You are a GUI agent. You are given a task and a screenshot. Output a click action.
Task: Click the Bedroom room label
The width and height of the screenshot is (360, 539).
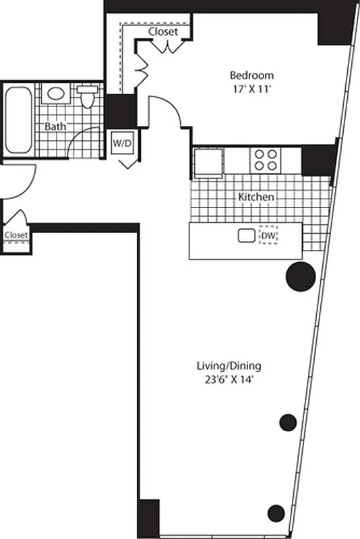tap(251, 75)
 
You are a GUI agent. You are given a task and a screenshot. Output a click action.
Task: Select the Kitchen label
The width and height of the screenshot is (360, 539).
tap(257, 197)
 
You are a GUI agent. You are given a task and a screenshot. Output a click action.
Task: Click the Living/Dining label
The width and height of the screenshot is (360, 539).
tap(229, 366)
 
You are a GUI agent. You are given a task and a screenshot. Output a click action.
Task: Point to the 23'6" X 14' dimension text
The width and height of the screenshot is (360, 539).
tap(229, 379)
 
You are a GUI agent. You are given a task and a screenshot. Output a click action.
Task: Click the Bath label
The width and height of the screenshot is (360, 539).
tap(55, 126)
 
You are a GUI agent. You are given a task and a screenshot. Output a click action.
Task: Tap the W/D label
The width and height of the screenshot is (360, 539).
tap(123, 143)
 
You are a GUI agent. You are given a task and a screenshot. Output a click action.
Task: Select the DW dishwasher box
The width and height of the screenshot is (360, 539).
tap(269, 236)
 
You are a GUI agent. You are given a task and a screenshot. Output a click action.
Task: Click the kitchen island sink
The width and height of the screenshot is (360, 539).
tap(245, 236)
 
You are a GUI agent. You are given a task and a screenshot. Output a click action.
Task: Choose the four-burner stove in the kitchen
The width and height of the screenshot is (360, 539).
tap(264, 160)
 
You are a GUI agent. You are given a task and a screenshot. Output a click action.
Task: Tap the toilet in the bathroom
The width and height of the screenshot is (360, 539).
tap(87, 96)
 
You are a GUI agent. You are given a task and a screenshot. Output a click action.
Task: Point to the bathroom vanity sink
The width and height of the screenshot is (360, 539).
tap(55, 93)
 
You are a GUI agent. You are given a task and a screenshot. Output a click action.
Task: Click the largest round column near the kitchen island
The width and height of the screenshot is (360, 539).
tap(300, 276)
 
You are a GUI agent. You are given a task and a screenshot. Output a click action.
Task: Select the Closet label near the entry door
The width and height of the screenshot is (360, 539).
tap(16, 234)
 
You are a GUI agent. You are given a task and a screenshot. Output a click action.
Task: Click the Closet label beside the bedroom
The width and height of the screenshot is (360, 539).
tap(163, 32)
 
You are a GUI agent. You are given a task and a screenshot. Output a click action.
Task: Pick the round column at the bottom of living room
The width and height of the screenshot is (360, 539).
tap(276, 511)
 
